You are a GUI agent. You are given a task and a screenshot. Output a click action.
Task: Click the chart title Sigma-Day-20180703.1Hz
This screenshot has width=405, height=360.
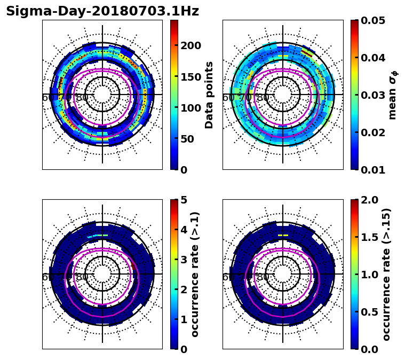102,11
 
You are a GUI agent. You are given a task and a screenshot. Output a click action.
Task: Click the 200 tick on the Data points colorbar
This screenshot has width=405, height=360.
190,45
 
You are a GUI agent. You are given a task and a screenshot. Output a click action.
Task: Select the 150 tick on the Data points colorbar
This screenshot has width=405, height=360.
190,76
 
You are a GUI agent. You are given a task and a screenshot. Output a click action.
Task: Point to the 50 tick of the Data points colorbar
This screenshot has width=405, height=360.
187,139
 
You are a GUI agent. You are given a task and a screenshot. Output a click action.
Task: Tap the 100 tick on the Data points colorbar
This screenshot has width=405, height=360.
190,108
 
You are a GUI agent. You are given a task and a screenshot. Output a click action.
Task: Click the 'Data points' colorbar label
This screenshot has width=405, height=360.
209,95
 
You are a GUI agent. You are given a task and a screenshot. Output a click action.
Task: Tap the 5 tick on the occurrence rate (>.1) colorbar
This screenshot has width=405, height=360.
184,200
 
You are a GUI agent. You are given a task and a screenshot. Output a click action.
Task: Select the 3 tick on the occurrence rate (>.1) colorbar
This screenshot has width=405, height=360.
184,260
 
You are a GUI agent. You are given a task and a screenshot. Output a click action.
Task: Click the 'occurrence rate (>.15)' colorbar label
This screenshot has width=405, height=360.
387,275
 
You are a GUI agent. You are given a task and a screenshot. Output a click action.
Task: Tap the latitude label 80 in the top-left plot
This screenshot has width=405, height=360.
82,98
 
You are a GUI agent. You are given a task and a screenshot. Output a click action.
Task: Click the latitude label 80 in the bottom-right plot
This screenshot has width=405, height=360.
263,277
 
